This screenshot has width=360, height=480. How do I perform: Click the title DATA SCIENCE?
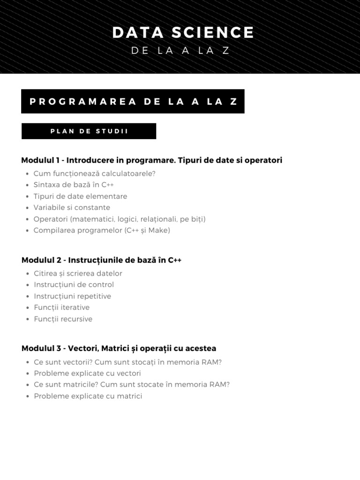coord(183,33)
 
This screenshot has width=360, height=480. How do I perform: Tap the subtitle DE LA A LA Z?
coord(180,51)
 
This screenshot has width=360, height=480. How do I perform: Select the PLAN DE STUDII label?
coord(89,131)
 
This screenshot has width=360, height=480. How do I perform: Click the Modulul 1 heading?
coord(151,160)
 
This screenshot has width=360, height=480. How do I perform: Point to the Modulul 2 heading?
coord(101,260)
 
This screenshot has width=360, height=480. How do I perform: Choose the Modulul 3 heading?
coord(119,348)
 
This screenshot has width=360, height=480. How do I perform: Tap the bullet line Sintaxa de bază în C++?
coord(74,185)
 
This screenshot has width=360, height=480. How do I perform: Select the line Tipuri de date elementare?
coord(80,196)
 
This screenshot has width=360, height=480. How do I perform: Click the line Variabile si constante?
coord(72,208)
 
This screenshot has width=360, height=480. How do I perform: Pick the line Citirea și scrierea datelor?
coord(78,273)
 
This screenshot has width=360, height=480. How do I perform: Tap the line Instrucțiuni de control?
coord(74,285)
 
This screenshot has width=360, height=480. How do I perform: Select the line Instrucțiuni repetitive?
coord(72,296)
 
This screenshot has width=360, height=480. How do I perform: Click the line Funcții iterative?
coord(61,307)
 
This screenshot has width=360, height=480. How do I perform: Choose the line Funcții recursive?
coord(63,319)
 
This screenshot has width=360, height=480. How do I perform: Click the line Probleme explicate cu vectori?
coord(87,374)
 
